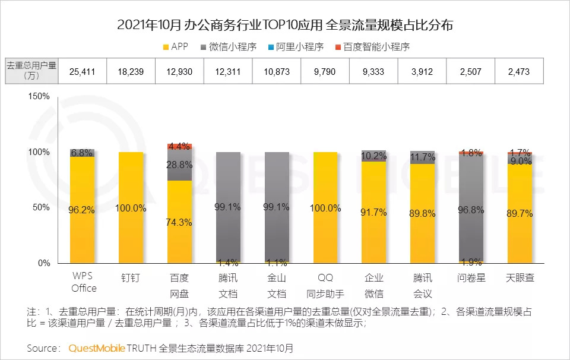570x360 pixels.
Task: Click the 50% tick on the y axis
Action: point(42,207)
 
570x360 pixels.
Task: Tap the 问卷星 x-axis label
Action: point(470,277)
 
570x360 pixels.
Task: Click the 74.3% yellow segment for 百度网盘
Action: point(180,222)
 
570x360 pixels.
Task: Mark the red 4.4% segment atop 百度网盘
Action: point(180,146)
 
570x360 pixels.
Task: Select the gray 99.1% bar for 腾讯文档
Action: point(229,207)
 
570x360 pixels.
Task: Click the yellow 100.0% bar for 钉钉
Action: point(131,207)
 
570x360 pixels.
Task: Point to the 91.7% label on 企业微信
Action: point(374,213)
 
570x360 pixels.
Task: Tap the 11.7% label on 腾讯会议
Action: point(423,157)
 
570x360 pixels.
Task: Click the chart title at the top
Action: point(285,25)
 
